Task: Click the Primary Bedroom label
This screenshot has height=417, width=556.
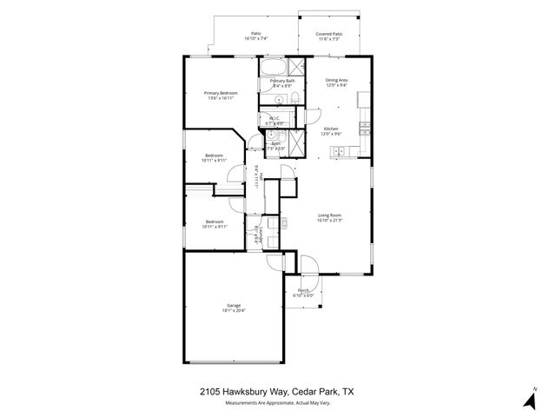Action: (221, 93)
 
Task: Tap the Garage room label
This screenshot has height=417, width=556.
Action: (234, 305)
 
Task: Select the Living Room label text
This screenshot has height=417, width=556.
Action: (329, 215)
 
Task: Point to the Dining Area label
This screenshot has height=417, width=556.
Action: (336, 80)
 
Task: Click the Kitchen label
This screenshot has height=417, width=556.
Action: (331, 129)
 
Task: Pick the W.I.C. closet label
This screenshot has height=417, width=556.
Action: (274, 118)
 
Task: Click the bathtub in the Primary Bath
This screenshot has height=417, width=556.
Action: (273, 68)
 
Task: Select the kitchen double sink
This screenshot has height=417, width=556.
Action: (337, 153)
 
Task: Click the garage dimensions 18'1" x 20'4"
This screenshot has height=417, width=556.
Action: (234, 310)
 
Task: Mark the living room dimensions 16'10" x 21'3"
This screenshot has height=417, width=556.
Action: (329, 220)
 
